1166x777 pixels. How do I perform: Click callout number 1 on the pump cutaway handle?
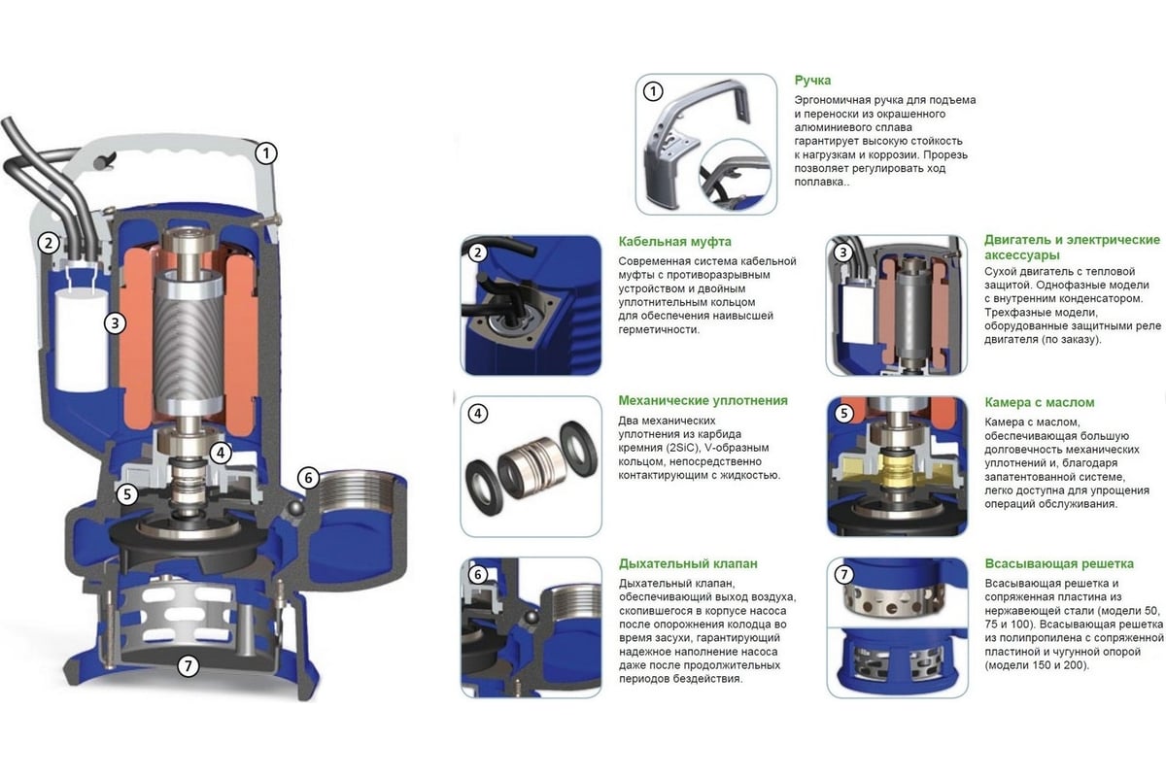266,153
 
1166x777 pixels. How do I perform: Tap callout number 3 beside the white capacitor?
115,323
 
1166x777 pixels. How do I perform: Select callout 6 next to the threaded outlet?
308,478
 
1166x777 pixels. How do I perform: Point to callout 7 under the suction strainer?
188,665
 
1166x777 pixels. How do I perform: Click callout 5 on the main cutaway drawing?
127,494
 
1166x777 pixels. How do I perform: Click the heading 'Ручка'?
812,81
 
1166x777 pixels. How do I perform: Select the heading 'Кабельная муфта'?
674,242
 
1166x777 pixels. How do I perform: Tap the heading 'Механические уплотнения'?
703,401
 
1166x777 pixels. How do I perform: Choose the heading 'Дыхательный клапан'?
688,563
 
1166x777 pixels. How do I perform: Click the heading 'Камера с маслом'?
1039,402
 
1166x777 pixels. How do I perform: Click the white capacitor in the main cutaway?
82,341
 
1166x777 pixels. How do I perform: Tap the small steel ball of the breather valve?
295,508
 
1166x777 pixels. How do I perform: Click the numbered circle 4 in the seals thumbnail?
477,415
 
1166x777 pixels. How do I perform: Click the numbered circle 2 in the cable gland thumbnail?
477,253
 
